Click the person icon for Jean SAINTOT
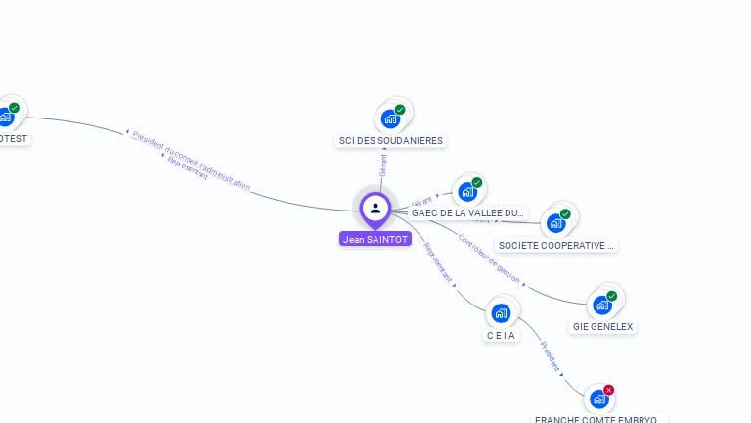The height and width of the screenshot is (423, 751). point(375,208)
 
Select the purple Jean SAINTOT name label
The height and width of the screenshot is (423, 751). point(375,239)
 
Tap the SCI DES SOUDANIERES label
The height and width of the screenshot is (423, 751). point(390,140)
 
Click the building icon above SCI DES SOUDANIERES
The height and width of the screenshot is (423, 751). point(391,119)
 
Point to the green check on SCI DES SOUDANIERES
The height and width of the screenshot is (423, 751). point(400,110)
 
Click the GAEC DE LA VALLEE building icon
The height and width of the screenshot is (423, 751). point(467,192)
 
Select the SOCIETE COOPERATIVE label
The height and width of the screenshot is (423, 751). point(556,245)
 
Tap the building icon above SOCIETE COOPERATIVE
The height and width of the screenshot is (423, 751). point(555,223)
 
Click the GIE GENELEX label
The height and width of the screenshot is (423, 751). point(602,326)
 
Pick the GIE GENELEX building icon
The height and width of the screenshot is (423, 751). point(602,305)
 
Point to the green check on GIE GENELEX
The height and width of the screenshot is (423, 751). point(611,296)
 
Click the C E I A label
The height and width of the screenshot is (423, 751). point(502,335)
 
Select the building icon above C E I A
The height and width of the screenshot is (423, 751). point(502,313)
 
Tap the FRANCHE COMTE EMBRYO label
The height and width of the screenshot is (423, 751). point(596,418)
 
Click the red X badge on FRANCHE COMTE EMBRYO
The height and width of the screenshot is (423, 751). point(608,390)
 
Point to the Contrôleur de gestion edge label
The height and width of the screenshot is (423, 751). point(490,258)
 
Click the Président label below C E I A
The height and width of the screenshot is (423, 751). point(550,359)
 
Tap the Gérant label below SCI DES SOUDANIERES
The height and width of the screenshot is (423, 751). point(383,164)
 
